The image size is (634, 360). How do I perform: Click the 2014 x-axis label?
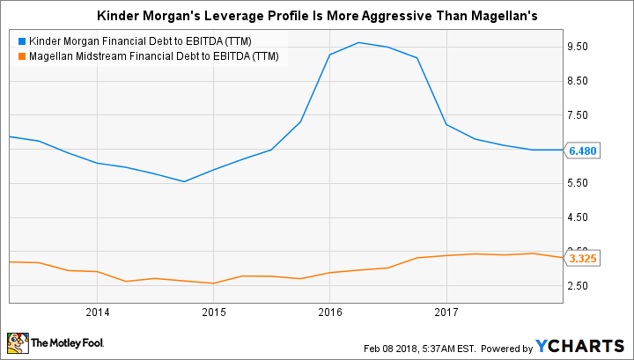pos(97,311)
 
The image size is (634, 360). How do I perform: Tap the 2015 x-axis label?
pos(213,311)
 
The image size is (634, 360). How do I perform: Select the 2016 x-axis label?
pos(329,311)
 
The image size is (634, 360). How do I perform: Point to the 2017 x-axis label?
pos(446,311)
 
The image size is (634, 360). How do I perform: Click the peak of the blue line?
pos(358,42)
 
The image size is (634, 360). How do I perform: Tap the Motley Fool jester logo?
pos(18,342)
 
